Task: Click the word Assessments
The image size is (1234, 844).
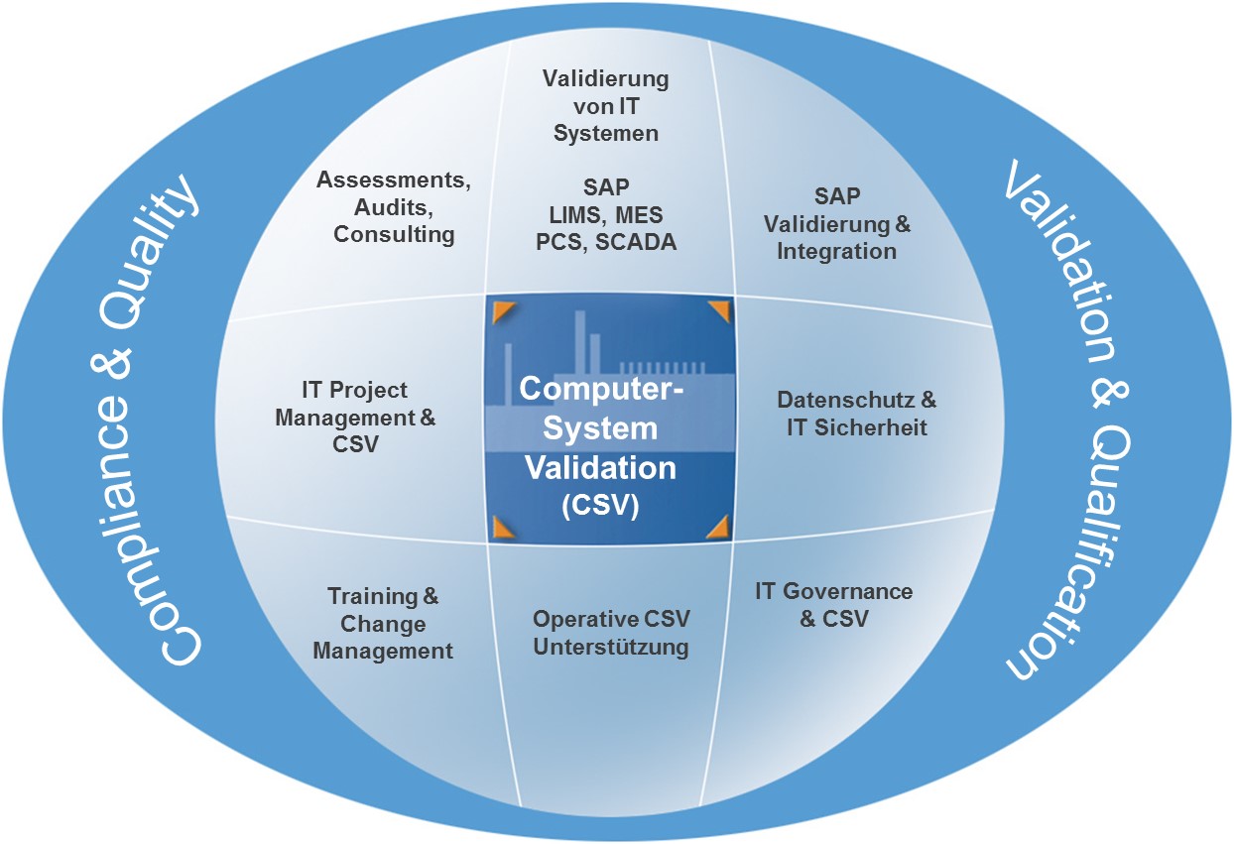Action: click(x=393, y=181)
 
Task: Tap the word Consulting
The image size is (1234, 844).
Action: click(x=394, y=235)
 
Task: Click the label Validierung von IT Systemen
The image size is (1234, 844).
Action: click(x=606, y=105)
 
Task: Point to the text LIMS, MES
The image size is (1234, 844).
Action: click(x=606, y=214)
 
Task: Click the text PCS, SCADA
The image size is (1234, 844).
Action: click(x=606, y=241)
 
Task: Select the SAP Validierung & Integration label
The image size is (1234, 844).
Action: click(x=836, y=224)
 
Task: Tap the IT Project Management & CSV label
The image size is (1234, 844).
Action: click(x=355, y=418)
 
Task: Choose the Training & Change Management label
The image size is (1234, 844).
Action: click(x=383, y=624)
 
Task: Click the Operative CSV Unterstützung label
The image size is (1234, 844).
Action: click(x=611, y=634)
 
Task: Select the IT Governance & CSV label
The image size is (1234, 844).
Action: click(x=833, y=605)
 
